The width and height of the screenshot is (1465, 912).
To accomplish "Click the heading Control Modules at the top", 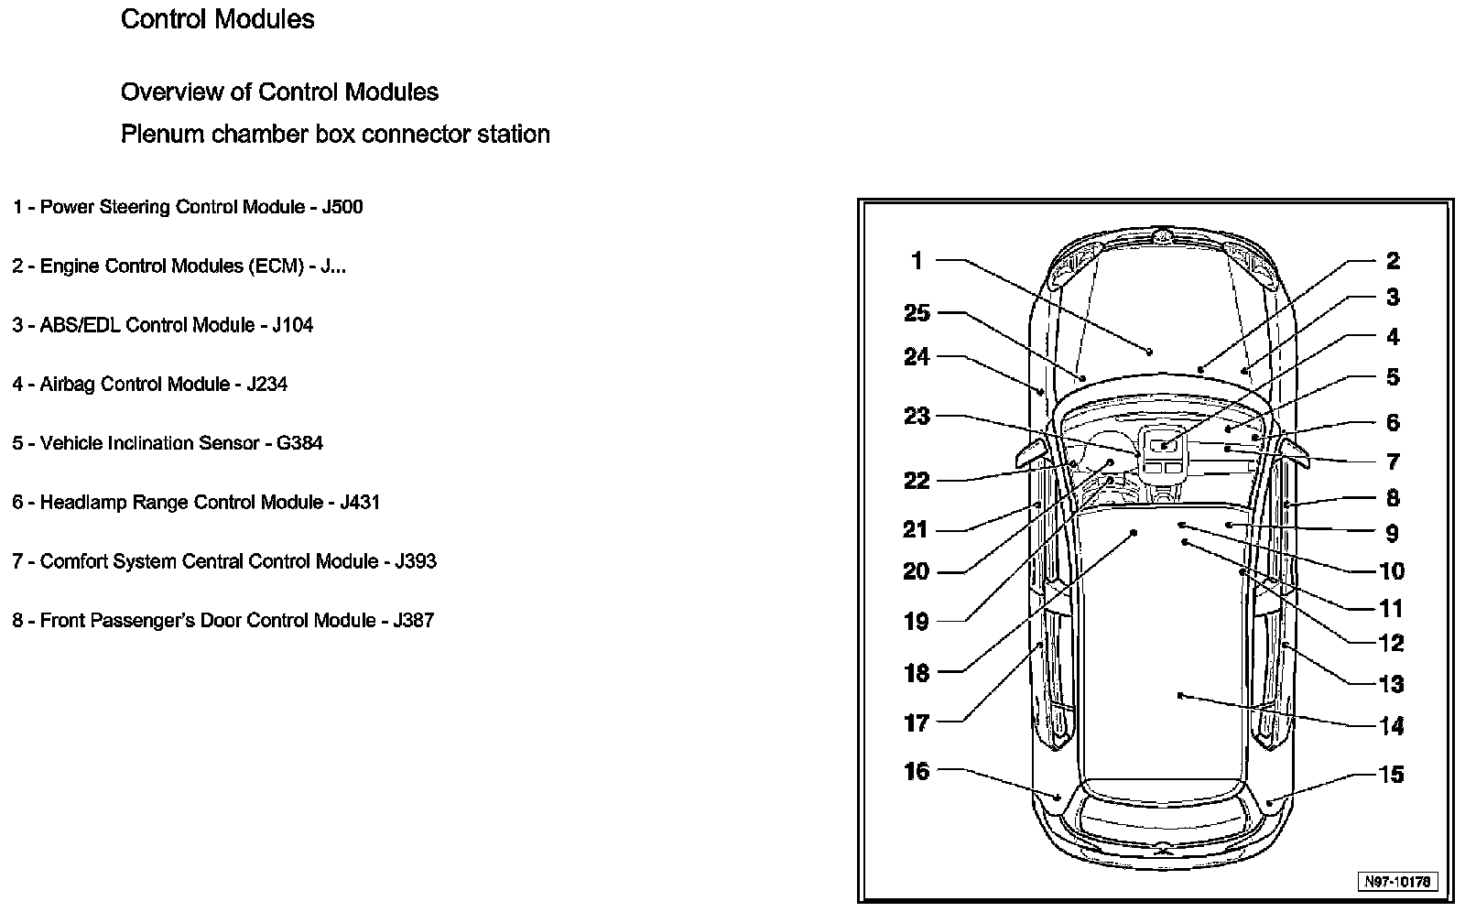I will point(217,19).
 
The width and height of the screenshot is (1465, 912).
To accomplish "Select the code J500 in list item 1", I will point(342,207).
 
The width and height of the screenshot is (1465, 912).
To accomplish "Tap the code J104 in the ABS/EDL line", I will point(292,325).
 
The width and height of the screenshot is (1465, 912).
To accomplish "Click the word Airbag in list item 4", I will point(67,385).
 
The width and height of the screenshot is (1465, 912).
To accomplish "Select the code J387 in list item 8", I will point(413,621).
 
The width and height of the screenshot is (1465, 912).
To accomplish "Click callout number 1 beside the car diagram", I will point(917,261).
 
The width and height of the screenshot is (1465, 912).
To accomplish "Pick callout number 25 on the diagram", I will point(917,313).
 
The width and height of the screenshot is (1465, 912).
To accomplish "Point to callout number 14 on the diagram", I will point(1391,726).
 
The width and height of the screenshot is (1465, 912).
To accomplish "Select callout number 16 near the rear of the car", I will point(917,771).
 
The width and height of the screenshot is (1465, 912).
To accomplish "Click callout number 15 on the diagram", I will point(1391,775).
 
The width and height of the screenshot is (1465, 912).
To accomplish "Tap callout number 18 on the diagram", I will point(917,673).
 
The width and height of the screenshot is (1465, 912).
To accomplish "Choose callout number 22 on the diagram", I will point(917,481).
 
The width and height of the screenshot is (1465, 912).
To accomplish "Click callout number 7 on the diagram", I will point(1392,461).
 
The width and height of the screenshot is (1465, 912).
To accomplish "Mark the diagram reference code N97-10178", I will point(1397,882).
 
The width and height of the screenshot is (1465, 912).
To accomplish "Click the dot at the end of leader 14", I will point(1181,696).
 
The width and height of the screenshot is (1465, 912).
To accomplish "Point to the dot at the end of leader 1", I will point(1150,352).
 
